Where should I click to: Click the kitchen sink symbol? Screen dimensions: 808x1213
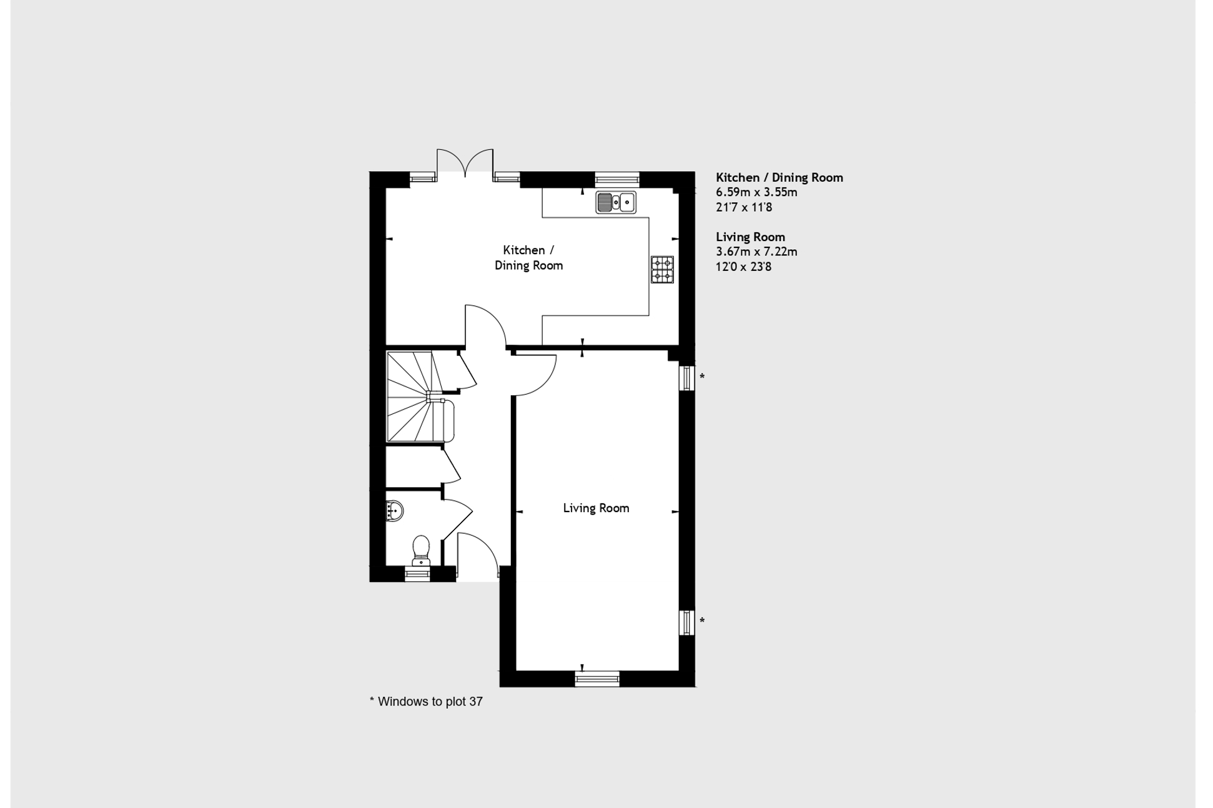(615, 203)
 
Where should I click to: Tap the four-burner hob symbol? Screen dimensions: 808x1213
(662, 270)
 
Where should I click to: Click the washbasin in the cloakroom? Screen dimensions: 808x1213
(394, 511)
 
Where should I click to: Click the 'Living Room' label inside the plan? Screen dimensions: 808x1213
(596, 508)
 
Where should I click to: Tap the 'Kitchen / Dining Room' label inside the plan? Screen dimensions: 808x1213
(528, 258)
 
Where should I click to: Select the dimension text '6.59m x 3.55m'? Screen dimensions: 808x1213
(756, 192)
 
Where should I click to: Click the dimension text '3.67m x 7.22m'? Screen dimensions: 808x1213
(756, 252)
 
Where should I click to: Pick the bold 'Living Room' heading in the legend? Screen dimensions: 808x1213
(750, 237)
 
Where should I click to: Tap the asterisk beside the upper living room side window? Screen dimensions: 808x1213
(702, 377)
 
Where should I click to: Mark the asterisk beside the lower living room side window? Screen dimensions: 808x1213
(702, 621)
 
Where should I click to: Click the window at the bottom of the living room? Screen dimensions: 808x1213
(597, 679)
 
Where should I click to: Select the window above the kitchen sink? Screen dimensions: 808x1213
(617, 179)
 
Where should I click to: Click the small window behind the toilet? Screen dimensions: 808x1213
(417, 574)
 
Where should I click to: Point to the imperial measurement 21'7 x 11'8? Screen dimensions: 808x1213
(743, 207)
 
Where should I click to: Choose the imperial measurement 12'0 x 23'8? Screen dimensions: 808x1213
(743, 267)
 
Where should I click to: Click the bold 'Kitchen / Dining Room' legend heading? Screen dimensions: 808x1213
(779, 178)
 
